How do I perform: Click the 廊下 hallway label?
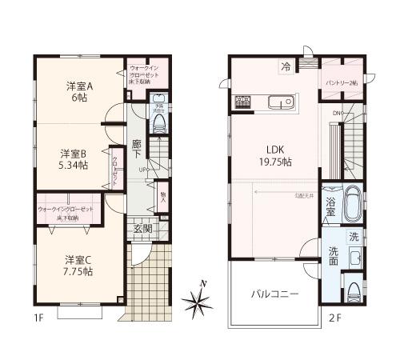pos(137,150)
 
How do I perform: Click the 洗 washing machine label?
pos(353,238)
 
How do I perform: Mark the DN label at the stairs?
pos(337,114)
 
